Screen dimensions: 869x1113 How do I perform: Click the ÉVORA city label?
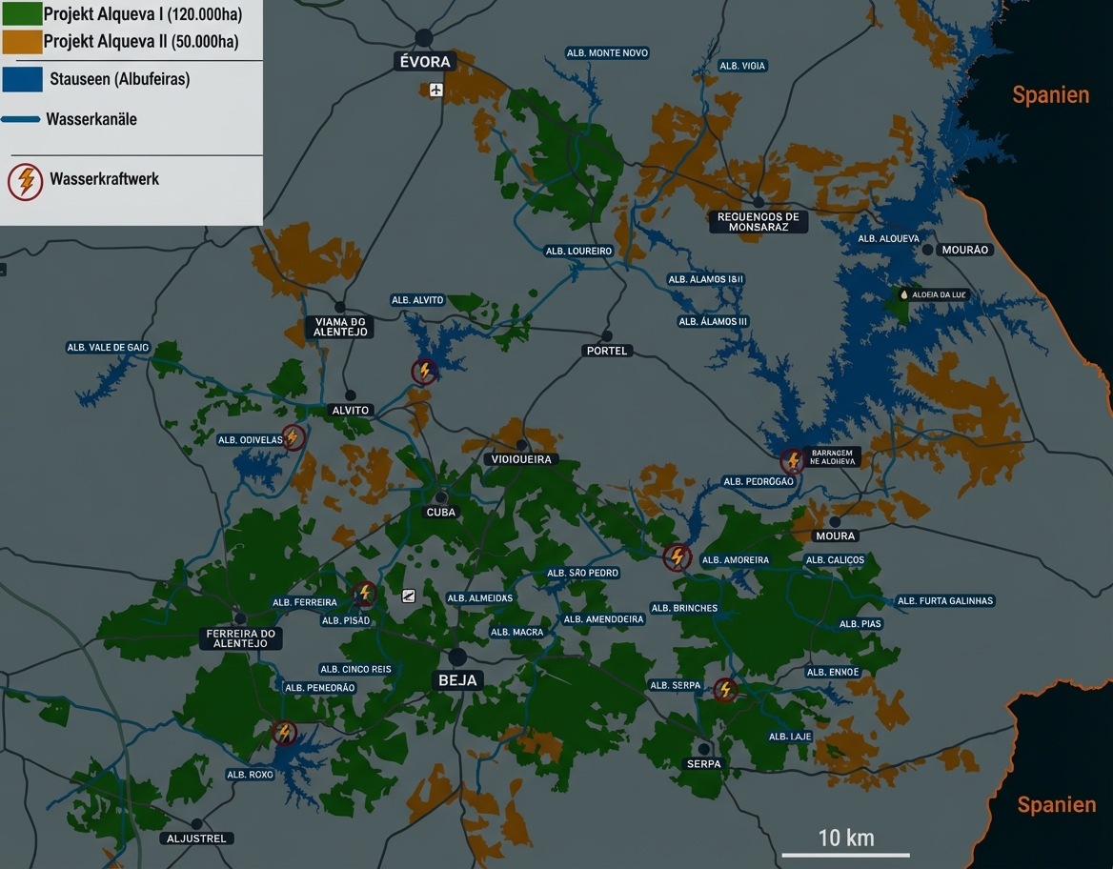tap(424, 62)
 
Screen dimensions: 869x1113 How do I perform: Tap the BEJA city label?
tap(457, 680)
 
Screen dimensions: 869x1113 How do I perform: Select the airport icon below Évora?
tap(436, 90)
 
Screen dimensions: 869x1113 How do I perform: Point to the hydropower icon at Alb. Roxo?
tap(283, 733)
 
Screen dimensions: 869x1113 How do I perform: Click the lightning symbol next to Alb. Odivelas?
tap(293, 437)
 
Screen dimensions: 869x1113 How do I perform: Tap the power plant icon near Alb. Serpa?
tap(725, 689)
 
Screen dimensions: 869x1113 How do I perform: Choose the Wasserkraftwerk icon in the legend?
tap(26, 181)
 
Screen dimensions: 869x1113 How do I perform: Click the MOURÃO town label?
tap(965, 250)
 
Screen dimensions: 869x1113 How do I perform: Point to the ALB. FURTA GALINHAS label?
tap(944, 601)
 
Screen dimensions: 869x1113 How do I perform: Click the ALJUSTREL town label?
tap(196, 839)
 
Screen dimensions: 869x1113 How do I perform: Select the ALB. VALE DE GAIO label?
tap(108, 348)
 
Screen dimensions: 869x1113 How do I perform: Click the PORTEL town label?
tap(607, 351)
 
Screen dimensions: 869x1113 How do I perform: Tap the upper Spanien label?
tap(1050, 94)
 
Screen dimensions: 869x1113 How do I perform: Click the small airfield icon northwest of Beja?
tap(409, 596)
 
